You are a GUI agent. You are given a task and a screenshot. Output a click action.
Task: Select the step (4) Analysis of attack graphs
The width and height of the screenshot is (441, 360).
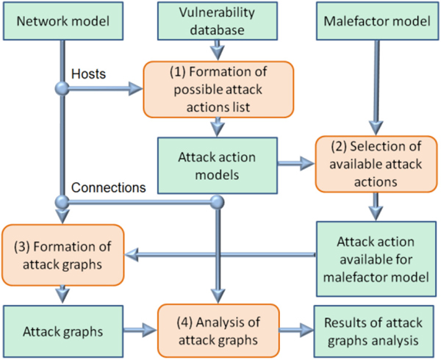pos(214,328)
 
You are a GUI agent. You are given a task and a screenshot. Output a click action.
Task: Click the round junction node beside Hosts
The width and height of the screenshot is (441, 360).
pos(60,90)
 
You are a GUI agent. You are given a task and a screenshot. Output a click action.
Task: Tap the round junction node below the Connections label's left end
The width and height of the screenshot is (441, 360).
pos(60,201)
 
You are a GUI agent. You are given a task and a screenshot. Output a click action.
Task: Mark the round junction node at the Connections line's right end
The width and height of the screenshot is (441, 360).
pos(216,201)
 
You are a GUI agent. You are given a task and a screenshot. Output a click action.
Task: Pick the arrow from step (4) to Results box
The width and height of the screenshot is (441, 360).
pos(293,328)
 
